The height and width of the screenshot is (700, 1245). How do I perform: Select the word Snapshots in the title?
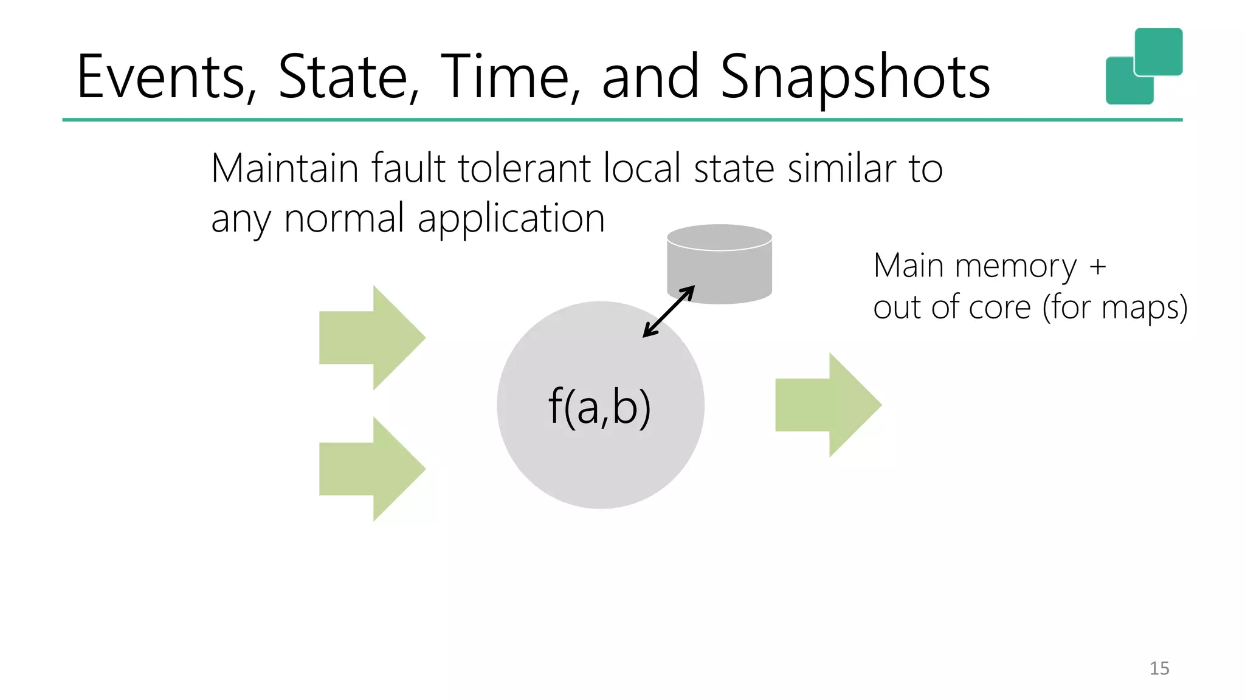pos(855,77)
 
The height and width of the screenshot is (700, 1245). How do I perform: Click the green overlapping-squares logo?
pos(1143,66)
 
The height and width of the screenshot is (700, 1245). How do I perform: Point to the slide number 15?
pos(1159,668)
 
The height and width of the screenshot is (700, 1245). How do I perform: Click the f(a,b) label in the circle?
pos(599,407)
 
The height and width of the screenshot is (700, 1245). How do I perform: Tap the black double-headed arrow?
pos(669,312)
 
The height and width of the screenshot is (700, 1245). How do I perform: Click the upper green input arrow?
pos(371,338)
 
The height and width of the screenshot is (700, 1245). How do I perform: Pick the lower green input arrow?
pos(371,469)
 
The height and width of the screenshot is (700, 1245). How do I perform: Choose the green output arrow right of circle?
pos(828,405)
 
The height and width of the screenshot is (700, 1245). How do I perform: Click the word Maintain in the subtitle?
pos(285,168)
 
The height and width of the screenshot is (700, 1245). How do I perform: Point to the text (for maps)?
pos(1115,307)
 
